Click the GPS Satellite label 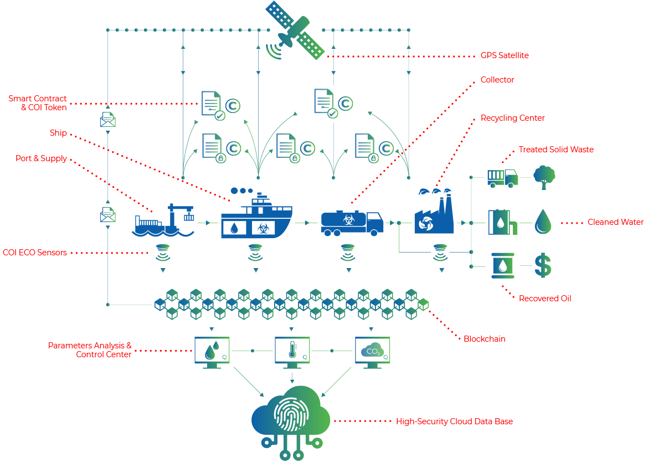click(505, 55)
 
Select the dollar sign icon click(543, 265)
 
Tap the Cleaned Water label click(615, 222)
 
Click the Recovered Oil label click(545, 299)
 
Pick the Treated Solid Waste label click(556, 150)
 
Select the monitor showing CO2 click(372, 352)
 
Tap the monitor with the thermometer click(292, 352)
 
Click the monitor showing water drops click(212, 352)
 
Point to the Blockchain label click(484, 338)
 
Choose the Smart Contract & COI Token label click(38, 103)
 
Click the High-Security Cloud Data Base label click(454, 421)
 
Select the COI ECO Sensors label click(35, 253)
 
